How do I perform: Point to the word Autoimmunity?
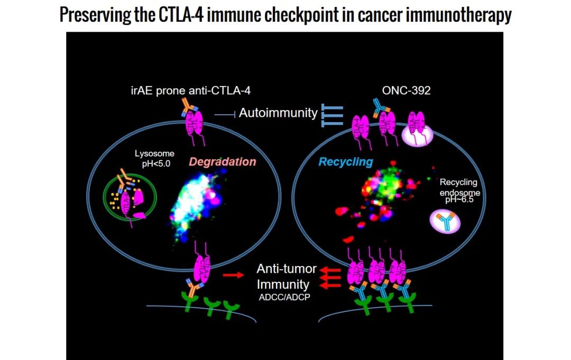click(x=278, y=113)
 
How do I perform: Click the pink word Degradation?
click(x=223, y=162)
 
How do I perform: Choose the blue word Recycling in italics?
click(x=345, y=162)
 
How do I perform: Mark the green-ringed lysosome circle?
click(x=128, y=198)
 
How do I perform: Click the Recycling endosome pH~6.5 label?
click(x=458, y=190)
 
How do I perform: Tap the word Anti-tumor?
click(x=286, y=269)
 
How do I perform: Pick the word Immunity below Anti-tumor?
click(x=283, y=284)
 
